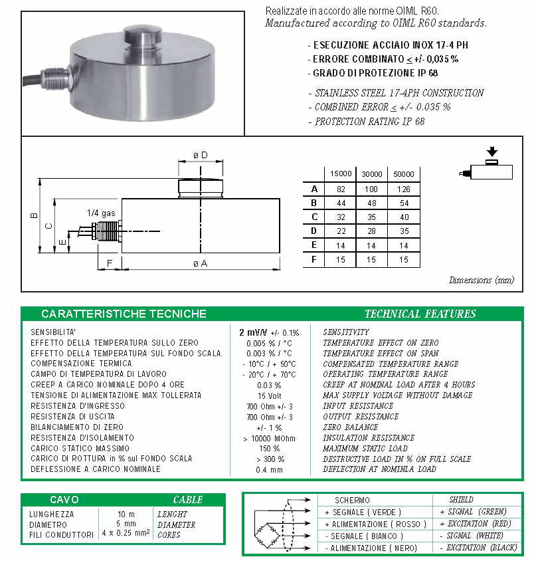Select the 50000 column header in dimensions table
(x=404, y=173)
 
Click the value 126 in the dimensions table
(x=404, y=189)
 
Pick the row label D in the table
(x=315, y=231)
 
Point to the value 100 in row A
(x=371, y=189)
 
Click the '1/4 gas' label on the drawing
(x=101, y=213)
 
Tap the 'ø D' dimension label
(x=200, y=155)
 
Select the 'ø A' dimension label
(x=200, y=264)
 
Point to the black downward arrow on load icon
(x=492, y=152)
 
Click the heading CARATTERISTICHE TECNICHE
(x=124, y=314)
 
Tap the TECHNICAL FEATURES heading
(x=420, y=314)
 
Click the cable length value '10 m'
(x=126, y=514)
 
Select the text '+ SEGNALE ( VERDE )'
(x=363, y=512)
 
